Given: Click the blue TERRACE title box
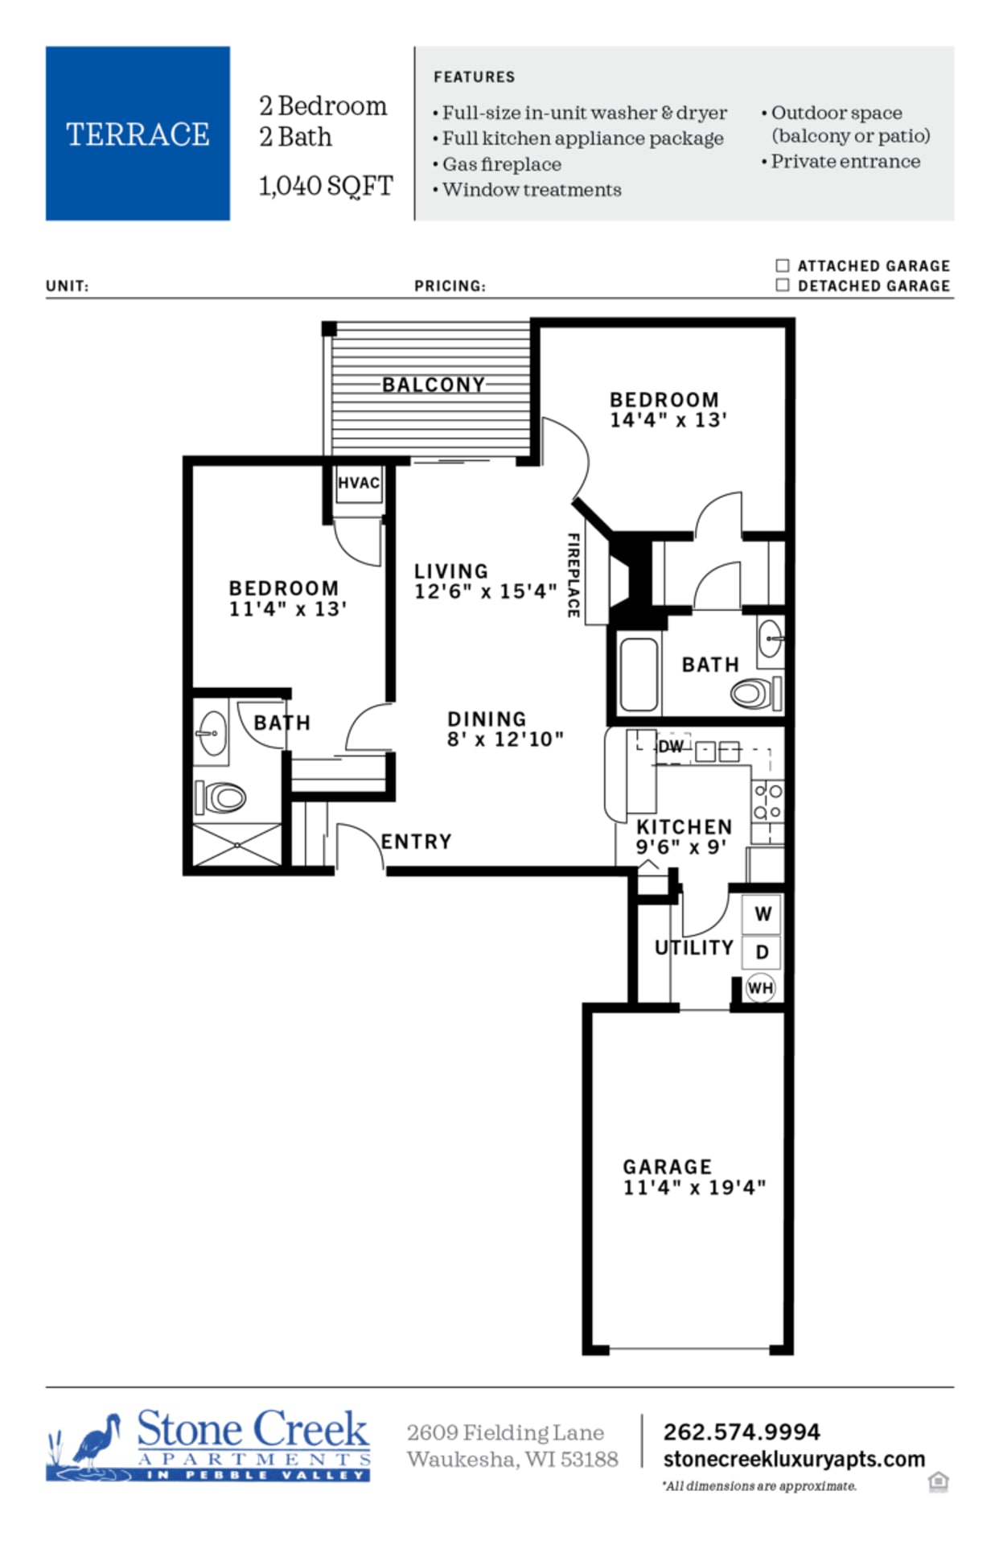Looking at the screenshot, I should coord(138,134).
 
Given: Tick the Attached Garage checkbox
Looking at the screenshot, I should coord(782,266).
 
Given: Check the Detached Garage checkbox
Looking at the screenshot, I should coord(782,285).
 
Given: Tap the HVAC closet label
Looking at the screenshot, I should coord(359,483).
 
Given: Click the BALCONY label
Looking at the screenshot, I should coord(434,385).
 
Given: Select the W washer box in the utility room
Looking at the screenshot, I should coord(762,913).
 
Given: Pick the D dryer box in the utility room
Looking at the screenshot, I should coord(762,952).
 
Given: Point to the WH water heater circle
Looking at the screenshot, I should coord(760,987).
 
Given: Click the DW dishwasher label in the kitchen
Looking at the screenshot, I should coord(670,747).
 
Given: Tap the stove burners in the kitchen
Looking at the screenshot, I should coord(767,801).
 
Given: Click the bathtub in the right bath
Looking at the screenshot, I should coord(639,674).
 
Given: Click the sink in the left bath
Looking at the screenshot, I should coord(212,733).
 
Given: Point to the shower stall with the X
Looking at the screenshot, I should coord(237,845).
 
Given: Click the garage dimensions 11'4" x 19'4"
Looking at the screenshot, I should coord(694,1188).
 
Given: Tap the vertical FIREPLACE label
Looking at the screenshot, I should coord(573,575).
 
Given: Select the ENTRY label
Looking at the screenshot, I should coord(416,842).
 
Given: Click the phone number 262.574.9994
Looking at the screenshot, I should coord(741,1432).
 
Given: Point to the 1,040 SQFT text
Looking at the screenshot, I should coord(326,186).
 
